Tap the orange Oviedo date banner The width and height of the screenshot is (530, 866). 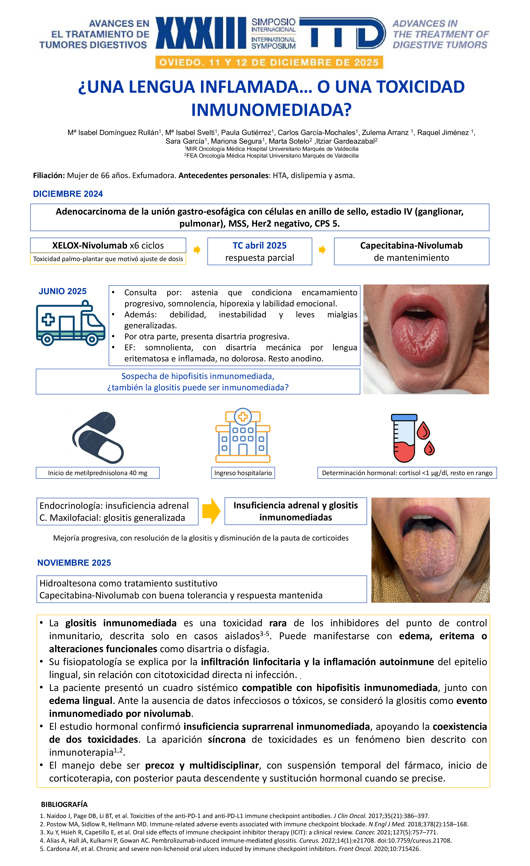[x=269, y=63]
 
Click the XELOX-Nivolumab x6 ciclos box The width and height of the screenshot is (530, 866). [x=108, y=245]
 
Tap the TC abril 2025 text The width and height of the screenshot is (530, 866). [x=260, y=245]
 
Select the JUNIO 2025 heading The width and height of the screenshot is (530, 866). [x=63, y=291]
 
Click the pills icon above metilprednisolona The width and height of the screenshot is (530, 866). [x=98, y=438]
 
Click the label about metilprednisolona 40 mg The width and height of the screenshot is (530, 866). [x=98, y=473]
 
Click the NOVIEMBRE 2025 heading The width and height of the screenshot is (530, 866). [x=74, y=563]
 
